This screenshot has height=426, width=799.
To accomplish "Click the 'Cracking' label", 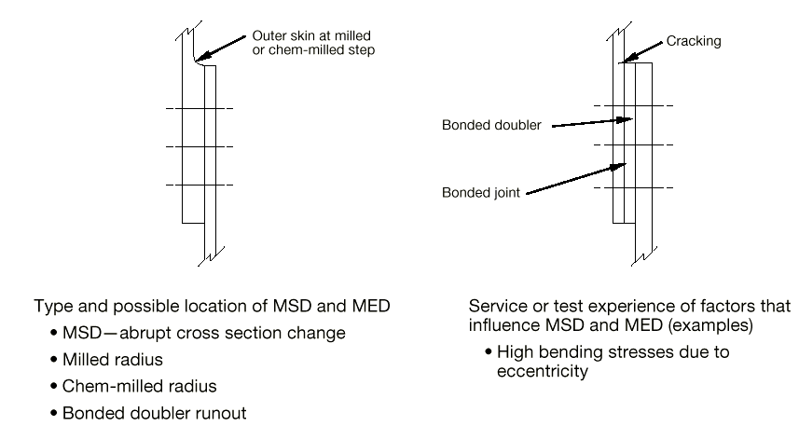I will pos(695,42).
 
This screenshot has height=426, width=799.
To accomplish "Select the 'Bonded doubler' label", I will pos(491,125).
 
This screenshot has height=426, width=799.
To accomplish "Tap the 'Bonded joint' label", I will pos(482,194).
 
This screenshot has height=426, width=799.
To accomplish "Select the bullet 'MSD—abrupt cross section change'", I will pos(200,333).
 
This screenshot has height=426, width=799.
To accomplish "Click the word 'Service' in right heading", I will pos(496,306).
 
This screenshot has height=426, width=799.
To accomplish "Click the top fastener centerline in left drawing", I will pos(199,109).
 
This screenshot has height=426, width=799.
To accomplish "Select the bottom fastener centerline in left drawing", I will pos(199,185).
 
